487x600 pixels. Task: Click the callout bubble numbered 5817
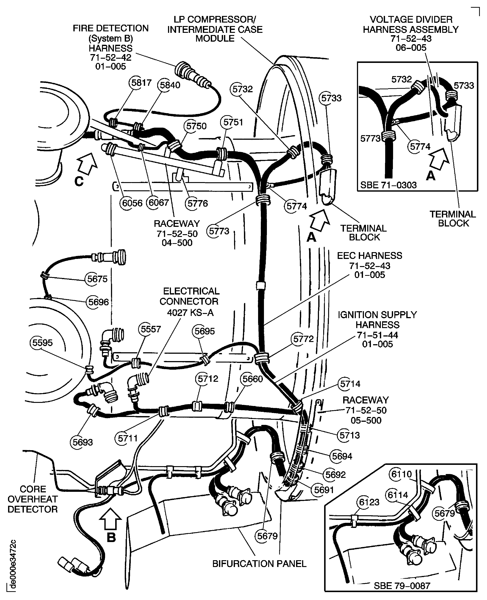(141, 83)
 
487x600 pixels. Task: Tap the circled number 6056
(132, 203)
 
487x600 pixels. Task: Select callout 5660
(252, 379)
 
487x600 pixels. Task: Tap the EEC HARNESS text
(369, 256)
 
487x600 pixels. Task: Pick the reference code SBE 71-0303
(388, 185)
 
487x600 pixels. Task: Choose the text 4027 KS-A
(190, 312)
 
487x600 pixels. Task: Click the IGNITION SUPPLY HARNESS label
(377, 320)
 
